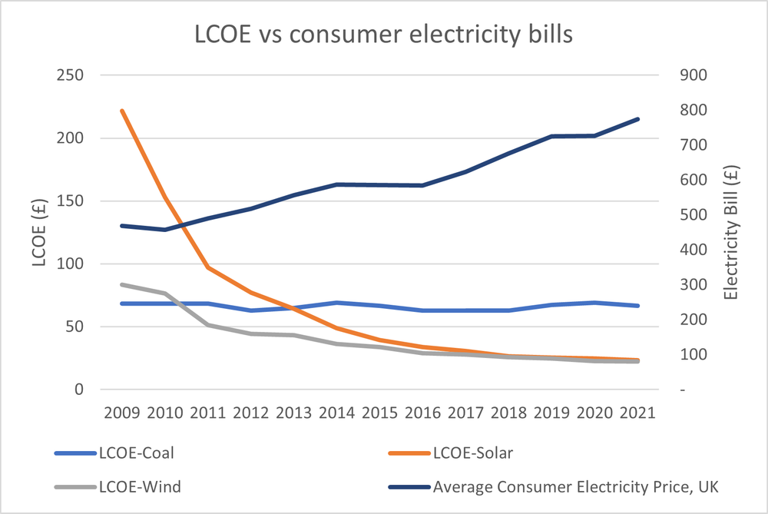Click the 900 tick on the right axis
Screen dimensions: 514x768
692,75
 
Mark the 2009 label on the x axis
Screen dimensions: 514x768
121,412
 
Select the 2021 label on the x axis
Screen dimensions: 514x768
637,412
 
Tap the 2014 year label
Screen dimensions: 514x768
336,412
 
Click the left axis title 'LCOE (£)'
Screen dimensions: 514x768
39,233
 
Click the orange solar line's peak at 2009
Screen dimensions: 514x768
122,111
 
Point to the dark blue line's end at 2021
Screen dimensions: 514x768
638,119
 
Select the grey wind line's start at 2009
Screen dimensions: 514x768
122,284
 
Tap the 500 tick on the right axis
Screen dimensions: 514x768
692,215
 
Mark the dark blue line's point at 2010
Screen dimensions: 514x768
165,230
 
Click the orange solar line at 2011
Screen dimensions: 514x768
208,267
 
